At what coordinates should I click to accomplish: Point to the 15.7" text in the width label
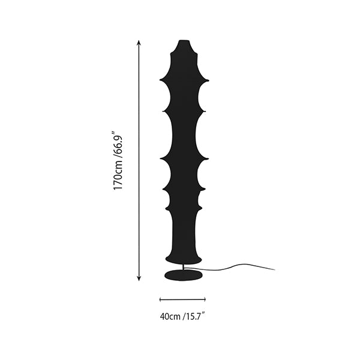[195, 316]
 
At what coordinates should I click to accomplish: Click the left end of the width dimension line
[160, 299]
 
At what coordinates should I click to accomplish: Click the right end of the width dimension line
[205, 299]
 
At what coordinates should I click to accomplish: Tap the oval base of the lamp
[184, 275]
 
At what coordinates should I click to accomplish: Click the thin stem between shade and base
[183, 267]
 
